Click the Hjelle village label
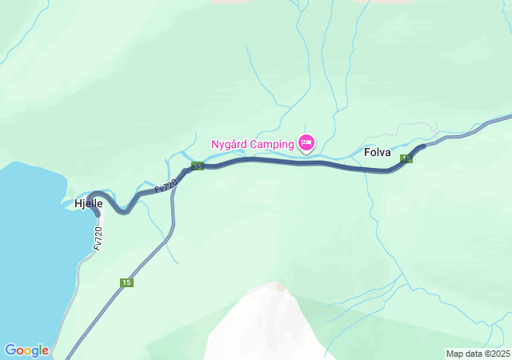[x=88, y=204]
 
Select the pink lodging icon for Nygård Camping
[x=306, y=143]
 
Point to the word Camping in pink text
[x=272, y=145]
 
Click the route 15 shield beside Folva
[x=407, y=159]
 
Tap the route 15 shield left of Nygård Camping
[x=198, y=166]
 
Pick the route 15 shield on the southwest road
[x=126, y=282]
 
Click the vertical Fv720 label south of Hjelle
[x=98, y=238]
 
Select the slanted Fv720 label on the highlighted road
[x=165, y=186]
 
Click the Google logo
[x=26, y=350]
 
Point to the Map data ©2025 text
[x=477, y=354]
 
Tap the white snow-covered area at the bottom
[x=264, y=328]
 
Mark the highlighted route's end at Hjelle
[x=98, y=214]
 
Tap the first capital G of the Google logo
[x=10, y=350]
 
